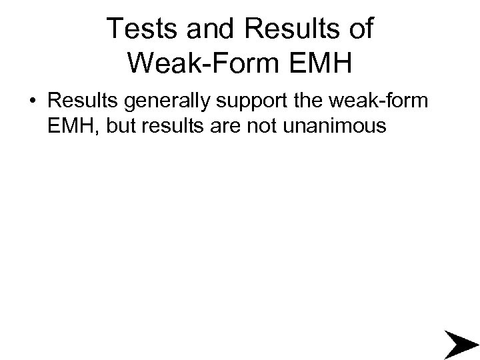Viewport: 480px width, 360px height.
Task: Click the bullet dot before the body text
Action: pyautogui.click(x=32, y=103)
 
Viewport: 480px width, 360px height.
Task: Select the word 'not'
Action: pyautogui.click(x=250, y=126)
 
